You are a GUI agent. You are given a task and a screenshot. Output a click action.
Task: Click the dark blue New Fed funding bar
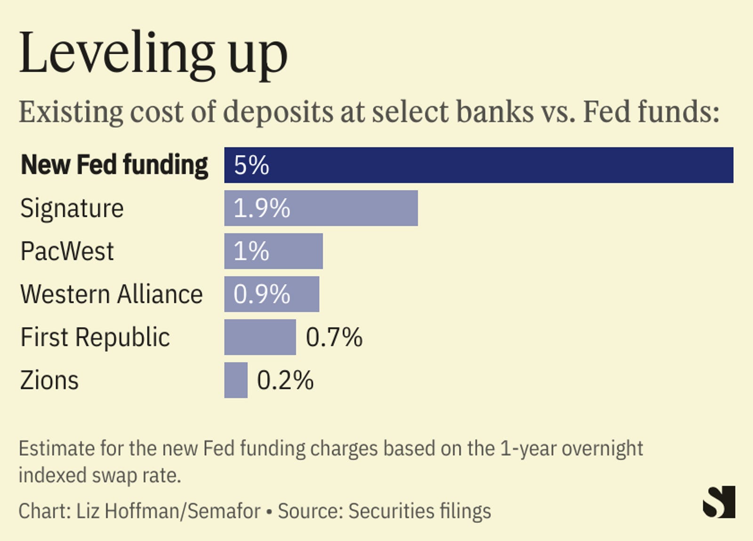(478, 165)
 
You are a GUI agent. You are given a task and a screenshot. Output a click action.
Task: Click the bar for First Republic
(260, 337)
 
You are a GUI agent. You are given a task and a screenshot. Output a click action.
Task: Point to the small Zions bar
(236, 380)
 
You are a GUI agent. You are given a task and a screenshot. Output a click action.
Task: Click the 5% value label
(251, 165)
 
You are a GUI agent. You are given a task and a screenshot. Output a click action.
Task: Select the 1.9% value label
(262, 208)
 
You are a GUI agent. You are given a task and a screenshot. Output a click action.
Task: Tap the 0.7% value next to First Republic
(334, 337)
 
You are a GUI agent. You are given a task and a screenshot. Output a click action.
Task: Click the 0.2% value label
(285, 380)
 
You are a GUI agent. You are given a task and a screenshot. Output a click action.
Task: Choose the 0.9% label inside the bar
(262, 294)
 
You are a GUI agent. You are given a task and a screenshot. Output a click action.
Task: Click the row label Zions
(49, 380)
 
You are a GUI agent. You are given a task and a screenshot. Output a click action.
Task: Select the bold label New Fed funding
(114, 165)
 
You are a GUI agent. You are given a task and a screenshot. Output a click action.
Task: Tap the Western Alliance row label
(112, 294)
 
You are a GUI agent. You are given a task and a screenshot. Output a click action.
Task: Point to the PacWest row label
(67, 251)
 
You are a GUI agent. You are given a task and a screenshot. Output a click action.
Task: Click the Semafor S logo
(719, 502)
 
